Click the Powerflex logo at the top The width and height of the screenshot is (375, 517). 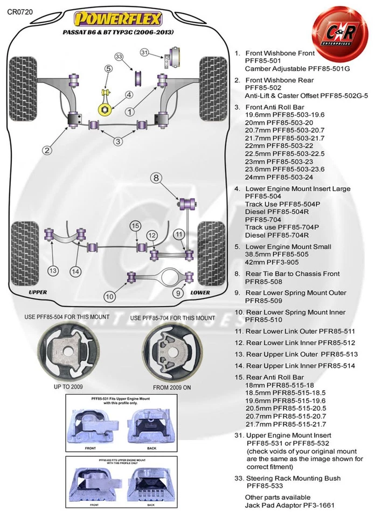click(117, 19)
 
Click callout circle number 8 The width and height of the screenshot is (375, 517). click(156, 178)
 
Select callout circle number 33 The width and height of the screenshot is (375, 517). click(119, 57)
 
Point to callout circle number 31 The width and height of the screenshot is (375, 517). click(144, 52)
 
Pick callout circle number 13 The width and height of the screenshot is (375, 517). click(53, 270)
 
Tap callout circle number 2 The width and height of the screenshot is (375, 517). click(48, 150)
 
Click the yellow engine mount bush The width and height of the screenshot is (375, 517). click(105, 109)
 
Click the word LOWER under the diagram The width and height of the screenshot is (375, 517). click(200, 292)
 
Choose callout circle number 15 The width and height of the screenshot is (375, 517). click(135, 225)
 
